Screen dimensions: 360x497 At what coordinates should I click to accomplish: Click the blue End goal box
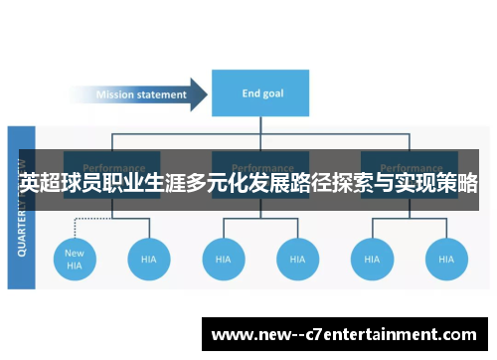click(x=261, y=93)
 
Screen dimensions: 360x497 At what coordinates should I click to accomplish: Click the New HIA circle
click(x=75, y=259)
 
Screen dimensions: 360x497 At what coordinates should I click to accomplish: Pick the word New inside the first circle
click(x=75, y=253)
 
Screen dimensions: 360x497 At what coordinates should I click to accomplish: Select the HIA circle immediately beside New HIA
click(x=149, y=259)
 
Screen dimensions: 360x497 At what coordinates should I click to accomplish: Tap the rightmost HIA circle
click(x=445, y=259)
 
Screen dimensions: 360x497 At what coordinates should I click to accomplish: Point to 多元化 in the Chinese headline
click(x=205, y=184)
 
